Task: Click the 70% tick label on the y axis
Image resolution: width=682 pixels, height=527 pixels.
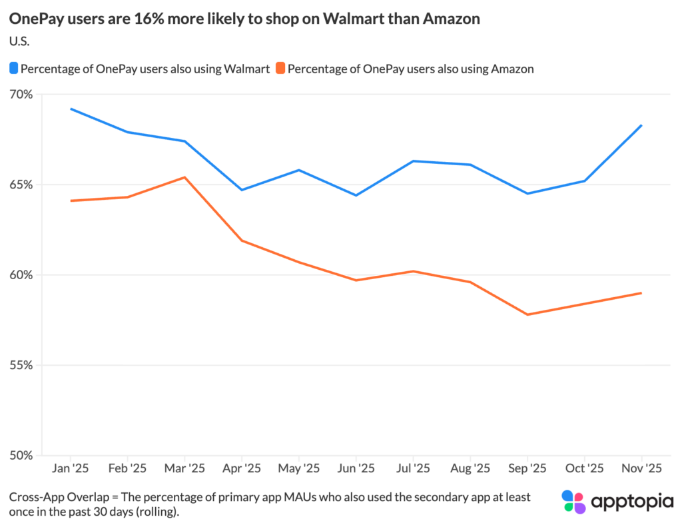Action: pos(21,94)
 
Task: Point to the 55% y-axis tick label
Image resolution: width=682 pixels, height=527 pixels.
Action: pos(21,365)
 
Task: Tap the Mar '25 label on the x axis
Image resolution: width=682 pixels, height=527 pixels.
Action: pos(184,468)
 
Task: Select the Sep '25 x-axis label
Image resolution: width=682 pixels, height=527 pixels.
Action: pos(527,468)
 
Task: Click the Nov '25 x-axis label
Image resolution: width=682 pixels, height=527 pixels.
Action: pos(641,468)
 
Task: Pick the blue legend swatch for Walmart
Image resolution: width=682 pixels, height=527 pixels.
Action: pos(14,68)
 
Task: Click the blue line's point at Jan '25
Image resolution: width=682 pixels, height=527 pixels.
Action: pos(71,109)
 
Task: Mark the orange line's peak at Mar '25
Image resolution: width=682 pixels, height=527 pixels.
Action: pos(184,177)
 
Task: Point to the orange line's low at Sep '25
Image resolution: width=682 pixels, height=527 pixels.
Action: pos(527,314)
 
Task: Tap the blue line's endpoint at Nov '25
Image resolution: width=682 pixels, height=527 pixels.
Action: pos(641,125)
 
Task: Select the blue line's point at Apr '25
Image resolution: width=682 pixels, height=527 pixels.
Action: pos(242,190)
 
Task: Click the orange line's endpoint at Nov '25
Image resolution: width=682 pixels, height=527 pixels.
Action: pos(641,293)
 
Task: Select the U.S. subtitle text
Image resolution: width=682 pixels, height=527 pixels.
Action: pos(20,41)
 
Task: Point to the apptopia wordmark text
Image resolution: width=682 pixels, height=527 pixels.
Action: pos(632,501)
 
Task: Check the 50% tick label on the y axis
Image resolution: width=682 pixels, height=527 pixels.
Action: pos(21,456)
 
